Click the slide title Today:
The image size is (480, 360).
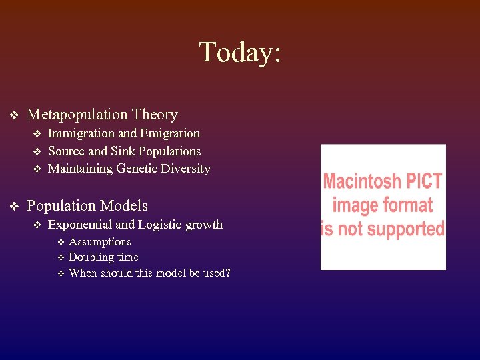[x=240, y=52]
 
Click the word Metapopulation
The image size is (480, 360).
[x=77, y=115]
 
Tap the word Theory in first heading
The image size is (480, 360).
[x=155, y=115]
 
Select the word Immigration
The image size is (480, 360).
[x=80, y=133]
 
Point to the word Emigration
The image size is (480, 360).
[x=170, y=133]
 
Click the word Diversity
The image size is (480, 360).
[x=187, y=169]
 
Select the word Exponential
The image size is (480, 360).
[x=80, y=225]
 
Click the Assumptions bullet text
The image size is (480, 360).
[x=99, y=241]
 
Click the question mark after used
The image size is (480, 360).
[x=227, y=273]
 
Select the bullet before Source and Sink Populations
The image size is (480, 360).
[x=37, y=152]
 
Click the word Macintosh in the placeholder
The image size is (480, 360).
[x=363, y=181]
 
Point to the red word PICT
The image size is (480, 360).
[x=424, y=181]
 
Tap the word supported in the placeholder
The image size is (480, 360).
[x=403, y=228]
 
